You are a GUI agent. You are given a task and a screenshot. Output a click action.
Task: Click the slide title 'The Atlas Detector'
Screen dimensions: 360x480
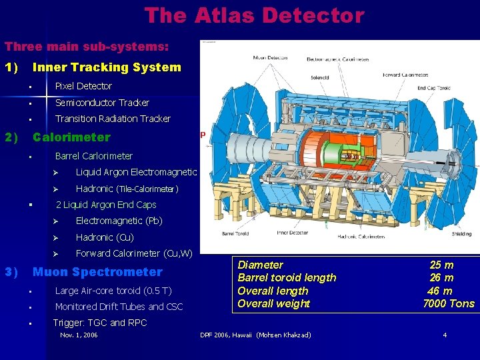click(254, 15)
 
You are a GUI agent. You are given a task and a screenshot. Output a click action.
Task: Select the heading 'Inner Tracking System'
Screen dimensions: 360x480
click(107, 67)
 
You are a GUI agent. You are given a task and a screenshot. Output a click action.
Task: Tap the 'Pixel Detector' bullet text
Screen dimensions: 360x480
click(83, 86)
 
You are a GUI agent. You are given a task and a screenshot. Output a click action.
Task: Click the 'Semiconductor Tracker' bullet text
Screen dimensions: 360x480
click(102, 103)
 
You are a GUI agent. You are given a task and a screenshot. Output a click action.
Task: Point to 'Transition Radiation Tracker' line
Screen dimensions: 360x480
click(113, 119)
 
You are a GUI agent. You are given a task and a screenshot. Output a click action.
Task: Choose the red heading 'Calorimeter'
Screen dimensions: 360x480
click(71, 137)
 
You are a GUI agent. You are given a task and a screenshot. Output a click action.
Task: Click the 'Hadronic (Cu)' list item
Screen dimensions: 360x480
click(105, 237)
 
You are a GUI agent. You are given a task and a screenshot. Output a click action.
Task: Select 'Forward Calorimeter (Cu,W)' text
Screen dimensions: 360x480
click(134, 253)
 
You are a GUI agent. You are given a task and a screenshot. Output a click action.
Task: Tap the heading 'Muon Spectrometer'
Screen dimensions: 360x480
click(97, 272)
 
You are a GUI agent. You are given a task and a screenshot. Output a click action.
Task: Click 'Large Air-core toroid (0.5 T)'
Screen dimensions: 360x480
click(113, 291)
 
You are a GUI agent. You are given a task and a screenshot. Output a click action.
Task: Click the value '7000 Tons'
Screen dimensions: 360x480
click(449, 304)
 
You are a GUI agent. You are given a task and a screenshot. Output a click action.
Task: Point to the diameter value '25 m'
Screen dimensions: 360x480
click(441, 265)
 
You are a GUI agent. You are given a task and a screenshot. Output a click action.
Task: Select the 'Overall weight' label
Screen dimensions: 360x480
click(274, 304)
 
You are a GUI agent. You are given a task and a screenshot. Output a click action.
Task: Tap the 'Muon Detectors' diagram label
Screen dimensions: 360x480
click(271, 58)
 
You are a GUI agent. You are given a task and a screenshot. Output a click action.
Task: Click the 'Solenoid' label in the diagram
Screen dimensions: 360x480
click(320, 77)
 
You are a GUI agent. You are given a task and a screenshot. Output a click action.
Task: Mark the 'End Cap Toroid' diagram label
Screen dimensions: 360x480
click(433, 88)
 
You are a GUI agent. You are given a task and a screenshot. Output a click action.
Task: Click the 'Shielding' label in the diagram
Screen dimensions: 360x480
click(461, 234)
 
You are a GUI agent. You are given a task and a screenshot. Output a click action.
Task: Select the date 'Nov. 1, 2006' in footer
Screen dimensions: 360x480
click(79, 335)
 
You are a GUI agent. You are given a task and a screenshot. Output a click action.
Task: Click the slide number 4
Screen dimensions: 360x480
click(445, 335)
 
